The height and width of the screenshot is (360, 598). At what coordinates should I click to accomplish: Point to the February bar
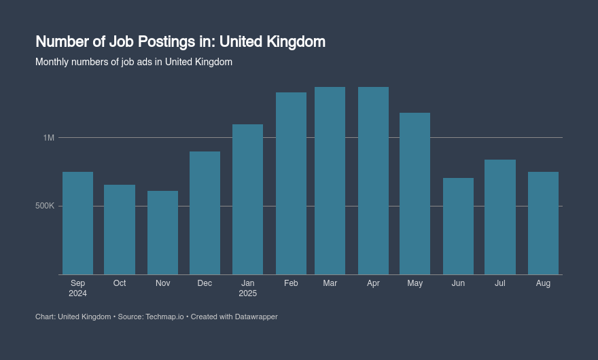click(291, 183)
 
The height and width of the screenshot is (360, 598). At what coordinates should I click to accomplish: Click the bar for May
click(415, 194)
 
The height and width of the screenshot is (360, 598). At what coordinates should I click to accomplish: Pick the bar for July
click(500, 217)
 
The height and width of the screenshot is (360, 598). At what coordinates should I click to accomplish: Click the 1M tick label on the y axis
click(48, 138)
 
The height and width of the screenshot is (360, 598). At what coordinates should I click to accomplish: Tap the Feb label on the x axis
click(291, 283)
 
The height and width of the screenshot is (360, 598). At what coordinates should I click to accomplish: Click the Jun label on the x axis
click(458, 283)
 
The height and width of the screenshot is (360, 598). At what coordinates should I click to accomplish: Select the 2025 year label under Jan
click(247, 293)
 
